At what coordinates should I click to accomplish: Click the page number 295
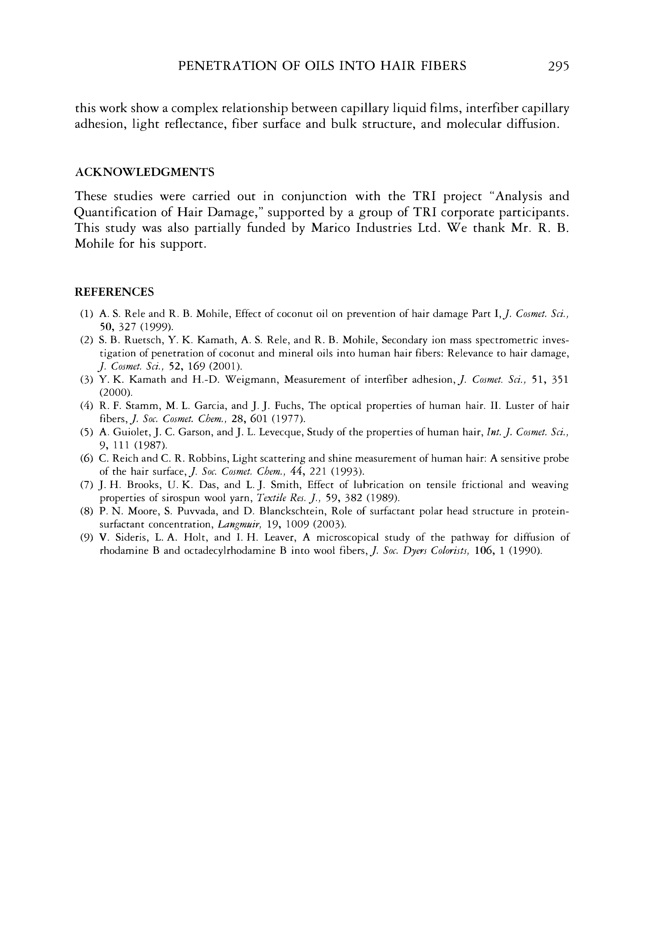coord(558,66)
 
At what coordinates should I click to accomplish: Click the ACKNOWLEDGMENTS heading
coord(145,172)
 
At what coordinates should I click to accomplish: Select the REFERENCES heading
coord(114,292)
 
